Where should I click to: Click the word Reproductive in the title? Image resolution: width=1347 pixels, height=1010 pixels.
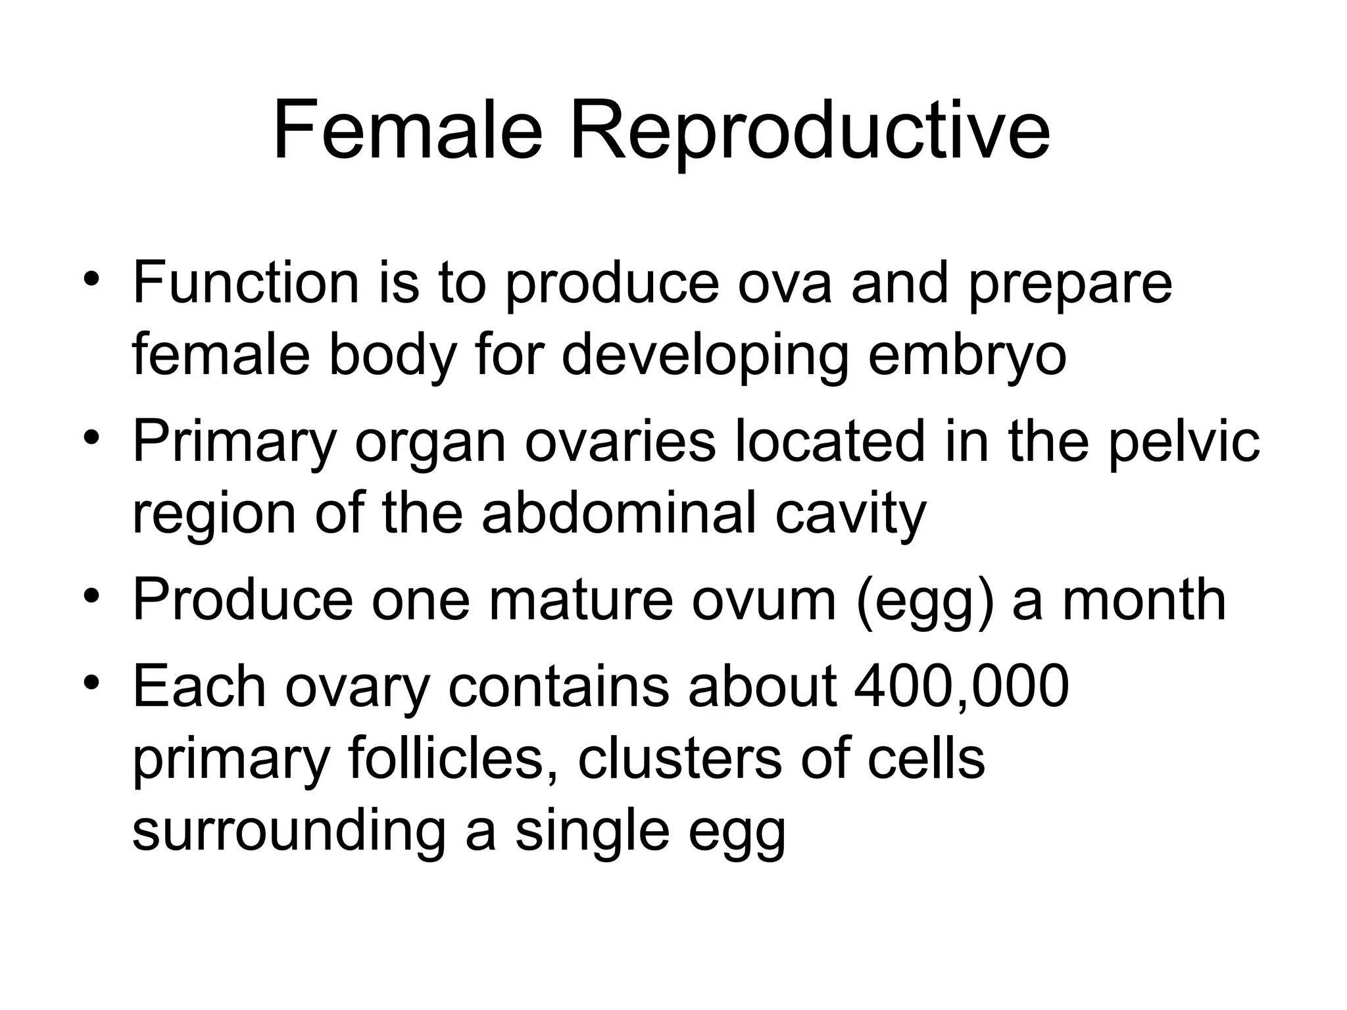pos(809,131)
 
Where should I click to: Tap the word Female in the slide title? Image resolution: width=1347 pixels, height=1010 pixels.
pos(408,131)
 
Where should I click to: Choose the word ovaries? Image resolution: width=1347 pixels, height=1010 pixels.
pos(620,442)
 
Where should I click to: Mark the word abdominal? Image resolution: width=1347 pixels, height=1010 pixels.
pos(619,514)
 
